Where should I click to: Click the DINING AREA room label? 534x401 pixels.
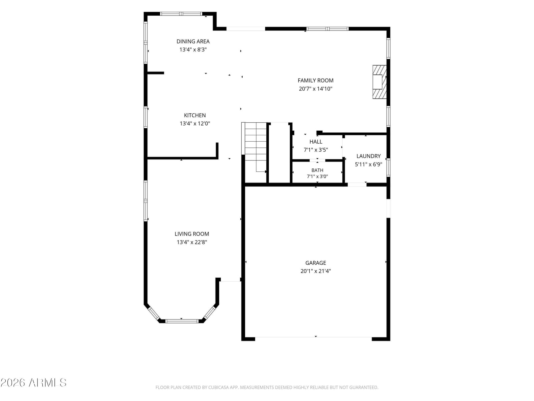pyautogui.click(x=193, y=41)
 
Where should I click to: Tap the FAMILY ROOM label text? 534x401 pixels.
pyautogui.click(x=315, y=80)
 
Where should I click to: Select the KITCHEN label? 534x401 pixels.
pyautogui.click(x=195, y=115)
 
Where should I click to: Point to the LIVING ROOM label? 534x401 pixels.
pyautogui.click(x=192, y=234)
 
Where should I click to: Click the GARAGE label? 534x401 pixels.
pyautogui.click(x=315, y=263)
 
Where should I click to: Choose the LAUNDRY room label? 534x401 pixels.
pyautogui.click(x=368, y=156)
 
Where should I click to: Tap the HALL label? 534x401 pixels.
pyautogui.click(x=316, y=141)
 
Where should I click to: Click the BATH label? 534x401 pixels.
pyautogui.click(x=317, y=170)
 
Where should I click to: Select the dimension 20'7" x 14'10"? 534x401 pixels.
pyautogui.click(x=315, y=89)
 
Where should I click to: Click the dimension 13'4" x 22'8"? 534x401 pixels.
pyautogui.click(x=192, y=242)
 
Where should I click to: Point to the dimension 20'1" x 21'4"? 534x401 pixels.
pyautogui.click(x=315, y=271)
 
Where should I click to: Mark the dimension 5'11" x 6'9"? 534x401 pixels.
pyautogui.click(x=368, y=164)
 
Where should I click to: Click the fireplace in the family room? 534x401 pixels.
pyautogui.click(x=379, y=82)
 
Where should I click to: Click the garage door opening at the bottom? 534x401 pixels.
pyautogui.click(x=313, y=337)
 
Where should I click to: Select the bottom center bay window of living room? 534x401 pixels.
pyautogui.click(x=182, y=321)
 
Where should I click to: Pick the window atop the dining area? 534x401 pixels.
pyautogui.click(x=181, y=14)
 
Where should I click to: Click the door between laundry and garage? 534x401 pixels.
pyautogui.click(x=357, y=184)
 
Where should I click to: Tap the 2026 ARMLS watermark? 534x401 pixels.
pyautogui.click(x=34, y=383)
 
